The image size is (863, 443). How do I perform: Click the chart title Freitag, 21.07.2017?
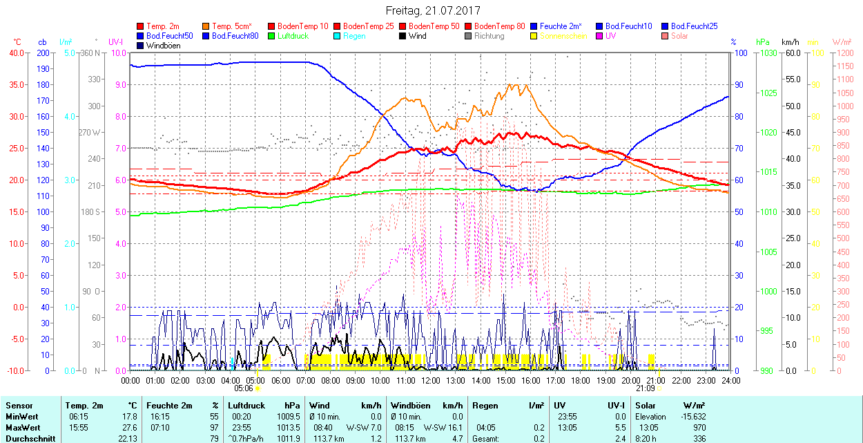[x=431, y=10]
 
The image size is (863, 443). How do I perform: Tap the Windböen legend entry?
[x=163, y=46]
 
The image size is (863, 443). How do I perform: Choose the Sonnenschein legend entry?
[x=563, y=36]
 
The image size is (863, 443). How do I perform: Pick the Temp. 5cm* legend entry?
[x=231, y=26]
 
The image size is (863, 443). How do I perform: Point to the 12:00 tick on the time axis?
[x=430, y=380]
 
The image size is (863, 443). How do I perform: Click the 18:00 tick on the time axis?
[x=581, y=380]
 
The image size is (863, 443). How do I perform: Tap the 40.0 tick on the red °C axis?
[x=14, y=53]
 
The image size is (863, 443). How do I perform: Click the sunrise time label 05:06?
[x=244, y=388]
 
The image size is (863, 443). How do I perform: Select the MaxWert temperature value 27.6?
[x=129, y=428]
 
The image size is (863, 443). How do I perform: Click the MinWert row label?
[x=21, y=417]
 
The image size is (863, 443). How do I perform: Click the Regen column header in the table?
[x=485, y=406]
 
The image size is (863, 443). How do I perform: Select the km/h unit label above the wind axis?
[x=791, y=42]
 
